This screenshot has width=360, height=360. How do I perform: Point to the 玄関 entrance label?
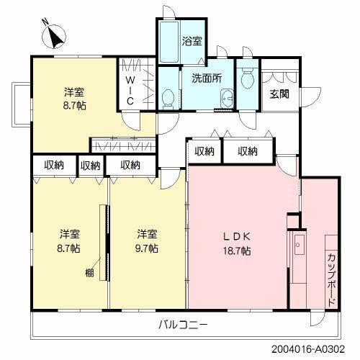[279, 94]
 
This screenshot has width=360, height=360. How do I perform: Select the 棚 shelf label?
[88, 272]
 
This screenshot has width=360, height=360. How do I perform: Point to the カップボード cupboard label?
[330, 278]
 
